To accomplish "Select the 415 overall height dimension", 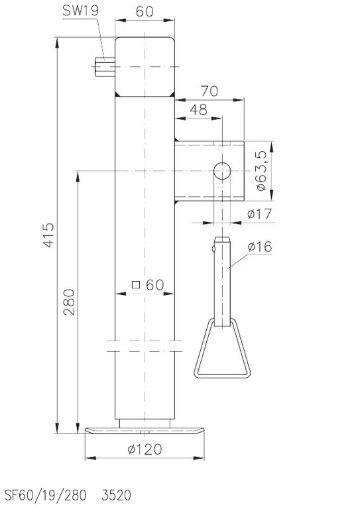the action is (48, 235).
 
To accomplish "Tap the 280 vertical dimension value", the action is (69, 302).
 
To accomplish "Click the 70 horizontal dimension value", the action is (210, 91).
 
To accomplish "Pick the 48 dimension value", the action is (198, 110).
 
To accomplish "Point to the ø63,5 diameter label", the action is (261, 171).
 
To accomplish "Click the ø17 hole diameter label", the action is (259, 214).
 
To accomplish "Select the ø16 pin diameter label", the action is (259, 247).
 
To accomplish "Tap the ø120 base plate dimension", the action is (145, 449).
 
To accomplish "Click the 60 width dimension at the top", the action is (145, 11).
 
